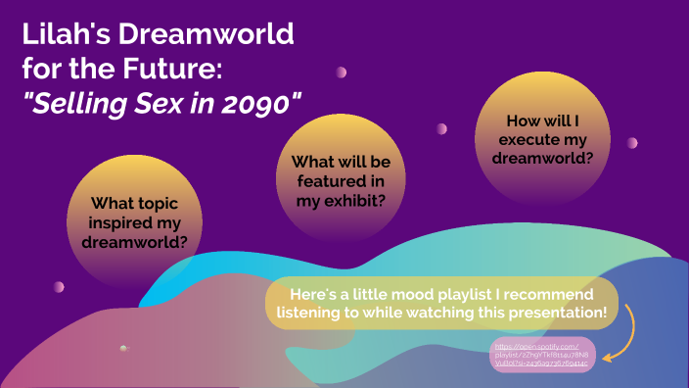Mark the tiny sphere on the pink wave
pos(123,348)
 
